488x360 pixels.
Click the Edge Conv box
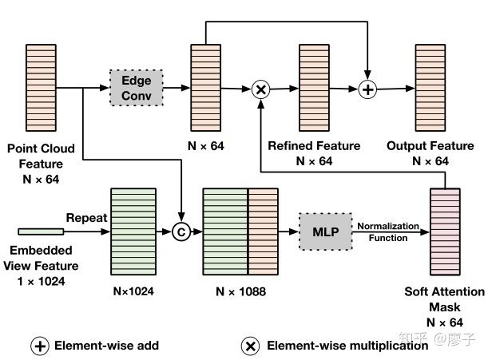pyautogui.click(x=137, y=88)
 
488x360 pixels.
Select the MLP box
pyautogui.click(x=326, y=231)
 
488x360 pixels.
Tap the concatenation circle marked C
pyautogui.click(x=181, y=231)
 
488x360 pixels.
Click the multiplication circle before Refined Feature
pyautogui.click(x=261, y=89)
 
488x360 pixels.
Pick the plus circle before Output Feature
pyautogui.click(x=367, y=89)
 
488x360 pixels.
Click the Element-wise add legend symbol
pyautogui.click(x=40, y=346)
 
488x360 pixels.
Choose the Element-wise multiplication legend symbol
pyautogui.click(x=250, y=346)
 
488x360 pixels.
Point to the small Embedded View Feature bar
pyautogui.click(x=41, y=231)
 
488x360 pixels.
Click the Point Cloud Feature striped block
pyautogui.click(x=41, y=88)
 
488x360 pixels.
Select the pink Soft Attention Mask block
pyautogui.click(x=445, y=231)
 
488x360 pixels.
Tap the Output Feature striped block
pyautogui.click(x=430, y=88)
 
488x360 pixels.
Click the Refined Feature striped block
pyautogui.click(x=314, y=88)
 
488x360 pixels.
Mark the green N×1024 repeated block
pyautogui.click(x=133, y=231)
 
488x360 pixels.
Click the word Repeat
pyautogui.click(x=86, y=218)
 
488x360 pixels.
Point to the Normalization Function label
pyautogui.click(x=388, y=232)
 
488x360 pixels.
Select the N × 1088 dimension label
pyautogui.click(x=241, y=291)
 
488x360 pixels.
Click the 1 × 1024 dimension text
pyautogui.click(x=41, y=281)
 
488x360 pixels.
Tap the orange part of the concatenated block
pyautogui.click(x=263, y=231)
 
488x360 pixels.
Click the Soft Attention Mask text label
pyautogui.click(x=445, y=299)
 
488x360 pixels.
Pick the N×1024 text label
pyautogui.click(x=133, y=291)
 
